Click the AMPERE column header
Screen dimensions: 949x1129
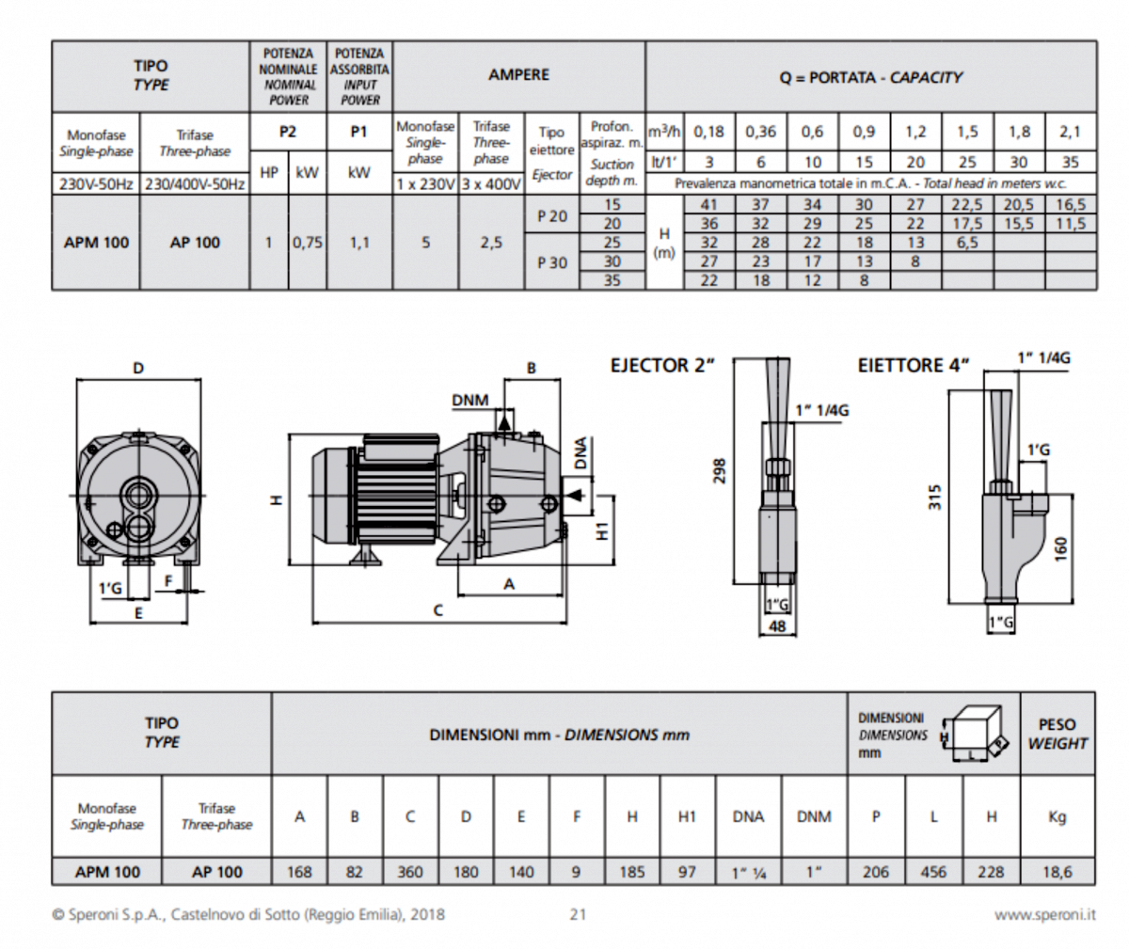[518, 75]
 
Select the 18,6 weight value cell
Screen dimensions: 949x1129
[1057, 872]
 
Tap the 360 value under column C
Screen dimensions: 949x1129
[410, 872]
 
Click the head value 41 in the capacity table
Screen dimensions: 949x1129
[708, 205]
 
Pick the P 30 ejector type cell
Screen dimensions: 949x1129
[552, 262]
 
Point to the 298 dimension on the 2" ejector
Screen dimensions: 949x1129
[720, 470]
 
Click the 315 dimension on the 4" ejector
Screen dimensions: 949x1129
[934, 496]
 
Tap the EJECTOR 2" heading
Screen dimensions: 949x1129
[662, 366]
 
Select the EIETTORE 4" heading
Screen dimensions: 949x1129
[913, 365]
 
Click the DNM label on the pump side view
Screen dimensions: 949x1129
[469, 400]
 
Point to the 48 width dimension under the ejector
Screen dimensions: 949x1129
[777, 625]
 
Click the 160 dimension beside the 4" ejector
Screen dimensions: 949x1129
[1060, 546]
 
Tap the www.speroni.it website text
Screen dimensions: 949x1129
[1044, 914]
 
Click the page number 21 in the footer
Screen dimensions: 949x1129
[578, 914]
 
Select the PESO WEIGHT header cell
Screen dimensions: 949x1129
[1057, 734]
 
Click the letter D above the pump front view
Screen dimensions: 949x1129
[138, 369]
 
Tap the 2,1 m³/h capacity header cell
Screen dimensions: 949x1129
[1070, 133]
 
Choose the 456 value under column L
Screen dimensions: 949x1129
[933, 872]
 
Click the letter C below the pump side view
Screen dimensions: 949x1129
[437, 611]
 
